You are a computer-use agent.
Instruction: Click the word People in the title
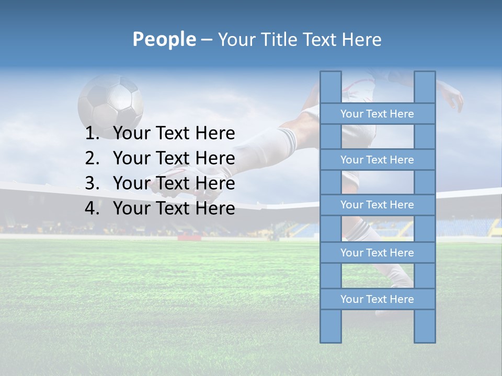click(x=164, y=39)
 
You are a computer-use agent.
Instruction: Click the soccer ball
click(x=110, y=102)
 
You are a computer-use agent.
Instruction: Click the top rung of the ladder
click(x=377, y=114)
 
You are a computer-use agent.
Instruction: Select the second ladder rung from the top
click(x=377, y=160)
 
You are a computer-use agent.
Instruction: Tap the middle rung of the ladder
click(x=377, y=205)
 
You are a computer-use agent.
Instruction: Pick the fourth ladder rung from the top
click(x=377, y=253)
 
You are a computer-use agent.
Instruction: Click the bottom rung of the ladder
click(x=377, y=299)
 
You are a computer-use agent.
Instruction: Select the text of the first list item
click(x=174, y=134)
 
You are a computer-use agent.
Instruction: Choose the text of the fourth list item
click(x=174, y=208)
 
